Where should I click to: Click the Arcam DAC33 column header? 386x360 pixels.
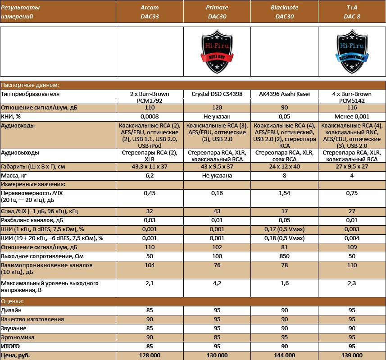click(x=150, y=12)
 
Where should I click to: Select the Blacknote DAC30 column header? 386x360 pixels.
click(x=284, y=12)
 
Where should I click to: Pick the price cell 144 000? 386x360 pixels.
click(x=284, y=355)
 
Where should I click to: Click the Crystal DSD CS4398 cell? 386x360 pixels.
click(x=217, y=94)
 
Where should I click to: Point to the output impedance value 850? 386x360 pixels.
click(x=284, y=256)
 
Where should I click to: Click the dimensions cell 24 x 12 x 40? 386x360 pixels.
click(x=284, y=167)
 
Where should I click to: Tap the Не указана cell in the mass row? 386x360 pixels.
click(x=217, y=175)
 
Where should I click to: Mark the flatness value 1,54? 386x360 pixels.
click(x=284, y=193)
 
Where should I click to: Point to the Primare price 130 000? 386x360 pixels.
click(x=217, y=355)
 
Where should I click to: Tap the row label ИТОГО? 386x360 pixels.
click(x=12, y=346)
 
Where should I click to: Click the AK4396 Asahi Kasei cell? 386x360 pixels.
click(x=284, y=94)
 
